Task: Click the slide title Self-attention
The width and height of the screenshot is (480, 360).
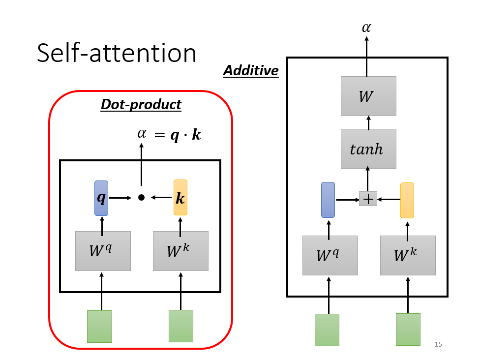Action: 117,53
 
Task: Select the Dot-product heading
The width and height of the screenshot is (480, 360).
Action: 141,104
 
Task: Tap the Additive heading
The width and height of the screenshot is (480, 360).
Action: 251,71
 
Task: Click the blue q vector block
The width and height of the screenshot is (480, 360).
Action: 101,198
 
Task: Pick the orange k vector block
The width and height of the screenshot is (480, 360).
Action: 180,198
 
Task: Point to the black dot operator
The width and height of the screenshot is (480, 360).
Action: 141,198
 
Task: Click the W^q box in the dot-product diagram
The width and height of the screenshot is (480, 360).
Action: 103,251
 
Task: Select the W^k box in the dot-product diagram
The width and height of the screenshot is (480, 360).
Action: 180,251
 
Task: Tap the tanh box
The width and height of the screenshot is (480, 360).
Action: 368,149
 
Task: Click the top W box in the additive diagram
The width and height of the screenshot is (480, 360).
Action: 368,96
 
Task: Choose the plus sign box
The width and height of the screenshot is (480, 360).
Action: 368,199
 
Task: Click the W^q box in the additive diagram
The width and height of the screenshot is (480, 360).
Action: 330,255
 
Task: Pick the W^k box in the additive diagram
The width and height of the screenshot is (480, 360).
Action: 408,255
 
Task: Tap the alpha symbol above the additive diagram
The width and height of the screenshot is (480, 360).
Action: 366,28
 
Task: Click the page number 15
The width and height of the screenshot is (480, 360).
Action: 438,344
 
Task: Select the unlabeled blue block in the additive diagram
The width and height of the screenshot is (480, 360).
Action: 328,200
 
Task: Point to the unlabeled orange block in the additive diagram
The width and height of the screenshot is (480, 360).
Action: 407,200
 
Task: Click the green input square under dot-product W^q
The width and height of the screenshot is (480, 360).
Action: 99,326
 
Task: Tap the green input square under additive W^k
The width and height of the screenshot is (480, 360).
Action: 408,330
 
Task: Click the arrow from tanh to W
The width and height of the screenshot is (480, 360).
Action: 368,122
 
